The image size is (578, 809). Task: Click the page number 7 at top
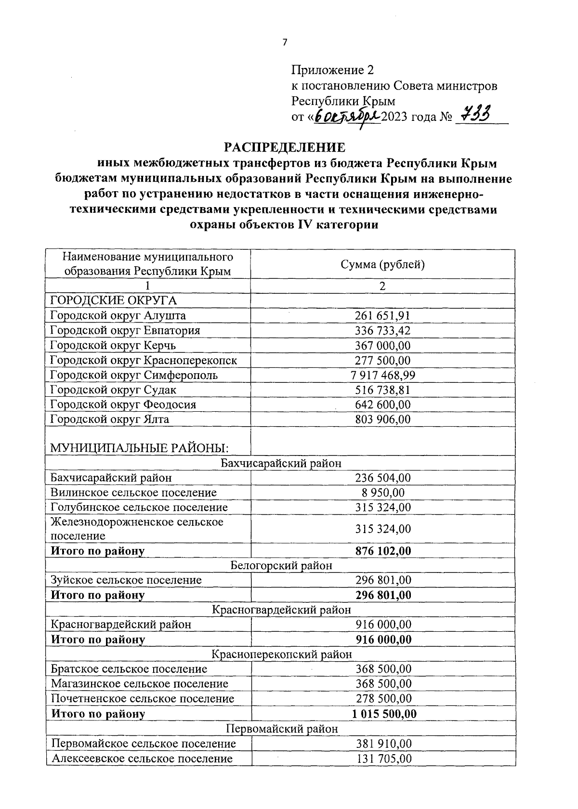[284, 42]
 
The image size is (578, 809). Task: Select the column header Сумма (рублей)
[382, 264]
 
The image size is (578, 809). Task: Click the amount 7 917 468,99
[382, 375]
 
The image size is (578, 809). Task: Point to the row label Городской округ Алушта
[118, 315]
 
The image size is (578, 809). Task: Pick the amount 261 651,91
[382, 315]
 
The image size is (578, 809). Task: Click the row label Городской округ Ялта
[110, 419]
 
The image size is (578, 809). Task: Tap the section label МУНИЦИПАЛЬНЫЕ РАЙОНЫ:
[140, 448]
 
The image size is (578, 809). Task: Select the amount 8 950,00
[383, 493]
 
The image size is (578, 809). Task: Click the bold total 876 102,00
[383, 551]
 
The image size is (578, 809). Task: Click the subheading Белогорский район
[281, 565]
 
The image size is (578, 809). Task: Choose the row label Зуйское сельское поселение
[126, 580]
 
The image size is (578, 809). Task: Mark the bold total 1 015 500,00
[384, 713]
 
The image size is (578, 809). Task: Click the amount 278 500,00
[383, 698]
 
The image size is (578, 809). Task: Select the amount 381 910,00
[383, 744]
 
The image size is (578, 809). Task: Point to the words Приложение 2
[332, 70]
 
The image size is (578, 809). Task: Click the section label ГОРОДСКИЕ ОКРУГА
[114, 300]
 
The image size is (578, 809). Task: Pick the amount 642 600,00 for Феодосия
[383, 404]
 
